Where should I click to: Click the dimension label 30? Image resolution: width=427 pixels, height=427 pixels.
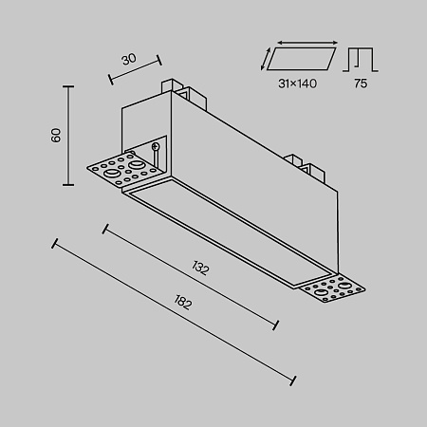point(129,59)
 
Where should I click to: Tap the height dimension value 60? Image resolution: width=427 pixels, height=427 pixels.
point(56,136)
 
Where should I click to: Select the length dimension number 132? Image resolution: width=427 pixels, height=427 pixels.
point(200,268)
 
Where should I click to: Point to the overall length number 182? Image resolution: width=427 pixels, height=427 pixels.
point(183,302)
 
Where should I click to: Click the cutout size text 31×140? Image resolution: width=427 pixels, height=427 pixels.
point(297,84)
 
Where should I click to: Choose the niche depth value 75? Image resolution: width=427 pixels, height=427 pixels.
point(361,84)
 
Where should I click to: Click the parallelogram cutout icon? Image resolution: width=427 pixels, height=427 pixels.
point(301,59)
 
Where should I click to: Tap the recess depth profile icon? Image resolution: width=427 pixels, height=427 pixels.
point(361,60)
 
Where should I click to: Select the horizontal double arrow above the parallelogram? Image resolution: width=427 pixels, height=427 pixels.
point(307,43)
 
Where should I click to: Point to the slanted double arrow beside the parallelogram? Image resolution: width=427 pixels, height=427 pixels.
point(266,59)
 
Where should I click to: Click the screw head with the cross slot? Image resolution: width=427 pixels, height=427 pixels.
point(156,146)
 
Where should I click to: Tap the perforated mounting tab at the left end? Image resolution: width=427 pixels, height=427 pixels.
point(126,169)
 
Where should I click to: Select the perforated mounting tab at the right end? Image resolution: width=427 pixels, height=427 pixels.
point(332,288)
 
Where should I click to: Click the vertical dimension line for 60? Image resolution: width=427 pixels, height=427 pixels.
point(68,136)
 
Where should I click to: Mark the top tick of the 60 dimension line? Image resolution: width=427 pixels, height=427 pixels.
point(68,86)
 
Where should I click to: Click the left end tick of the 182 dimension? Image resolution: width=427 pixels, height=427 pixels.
point(55,243)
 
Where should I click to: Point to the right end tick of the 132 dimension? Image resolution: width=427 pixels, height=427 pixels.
point(275,325)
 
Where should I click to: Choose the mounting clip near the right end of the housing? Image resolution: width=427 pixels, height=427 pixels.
point(306,168)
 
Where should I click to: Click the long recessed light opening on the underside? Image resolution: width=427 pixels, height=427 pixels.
point(231,233)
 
